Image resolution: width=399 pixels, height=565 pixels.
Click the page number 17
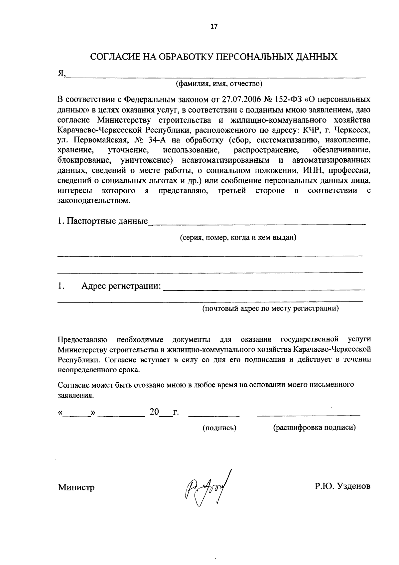[213, 27]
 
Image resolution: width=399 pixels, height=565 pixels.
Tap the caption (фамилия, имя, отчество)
[219, 84]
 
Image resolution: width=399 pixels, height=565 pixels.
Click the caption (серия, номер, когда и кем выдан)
[238, 238]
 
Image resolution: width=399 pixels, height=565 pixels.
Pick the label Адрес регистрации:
[121, 286]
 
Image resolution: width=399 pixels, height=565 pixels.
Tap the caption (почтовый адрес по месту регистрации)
[271, 308]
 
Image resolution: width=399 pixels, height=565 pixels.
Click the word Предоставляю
[82, 339]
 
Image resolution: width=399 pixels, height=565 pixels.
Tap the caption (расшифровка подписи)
[314, 428]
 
